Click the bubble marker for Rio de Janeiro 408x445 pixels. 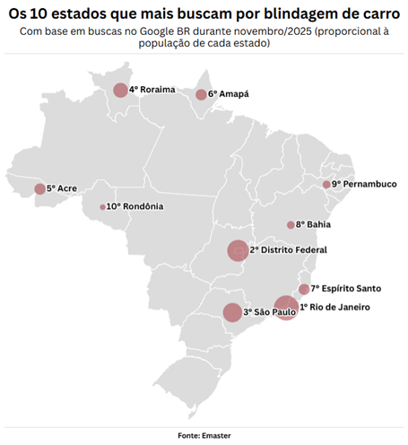pyautogui.click(x=286, y=308)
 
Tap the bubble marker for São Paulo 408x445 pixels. pyautogui.click(x=232, y=312)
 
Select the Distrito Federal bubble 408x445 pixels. pyautogui.click(x=238, y=250)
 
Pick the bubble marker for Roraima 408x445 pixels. pyautogui.click(x=120, y=90)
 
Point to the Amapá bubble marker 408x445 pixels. pyautogui.click(x=201, y=94)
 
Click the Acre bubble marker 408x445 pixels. pyautogui.click(x=39, y=189)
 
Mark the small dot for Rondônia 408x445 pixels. pyautogui.click(x=102, y=207)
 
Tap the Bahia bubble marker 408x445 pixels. pyautogui.click(x=291, y=225)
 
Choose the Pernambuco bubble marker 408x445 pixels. pyautogui.click(x=326, y=185)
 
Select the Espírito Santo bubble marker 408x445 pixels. pyautogui.click(x=304, y=289)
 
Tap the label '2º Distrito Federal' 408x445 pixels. pyautogui.click(x=288, y=249)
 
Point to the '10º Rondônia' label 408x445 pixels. pyautogui.click(x=135, y=206)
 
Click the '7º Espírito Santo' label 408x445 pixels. pyautogui.click(x=346, y=289)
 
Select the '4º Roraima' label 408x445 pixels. pyautogui.click(x=152, y=90)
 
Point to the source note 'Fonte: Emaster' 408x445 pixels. pyautogui.click(x=204, y=435)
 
